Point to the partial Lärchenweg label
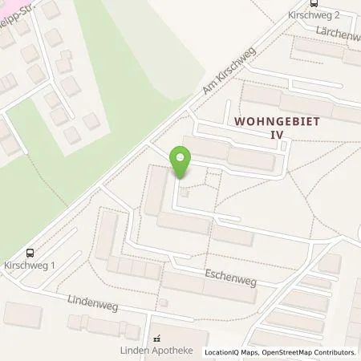338,34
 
